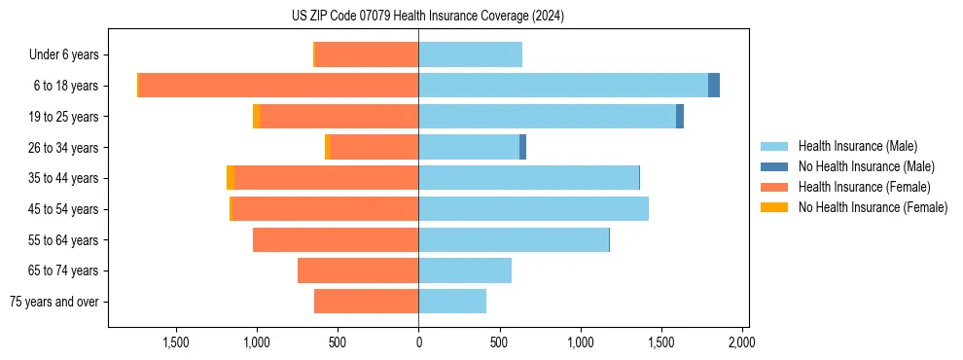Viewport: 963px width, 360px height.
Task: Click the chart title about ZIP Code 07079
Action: click(428, 16)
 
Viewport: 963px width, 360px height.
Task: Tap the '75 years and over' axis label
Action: click(53, 302)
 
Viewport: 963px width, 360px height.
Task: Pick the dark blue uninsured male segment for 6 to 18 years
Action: click(714, 86)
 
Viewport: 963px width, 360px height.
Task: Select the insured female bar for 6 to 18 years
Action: click(278, 86)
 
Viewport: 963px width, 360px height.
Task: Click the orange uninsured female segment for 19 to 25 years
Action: click(256, 117)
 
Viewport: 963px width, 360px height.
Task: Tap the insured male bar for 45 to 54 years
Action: click(533, 209)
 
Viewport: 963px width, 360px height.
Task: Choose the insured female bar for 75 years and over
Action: click(366, 302)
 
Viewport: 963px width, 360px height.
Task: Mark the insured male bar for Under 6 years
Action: click(470, 54)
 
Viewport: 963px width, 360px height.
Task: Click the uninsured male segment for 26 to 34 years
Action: click(522, 147)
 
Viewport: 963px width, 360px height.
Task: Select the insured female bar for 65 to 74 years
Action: click(358, 270)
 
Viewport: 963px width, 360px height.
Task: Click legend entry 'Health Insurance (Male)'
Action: click(856, 146)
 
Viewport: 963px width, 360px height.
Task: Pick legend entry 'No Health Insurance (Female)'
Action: click(873, 207)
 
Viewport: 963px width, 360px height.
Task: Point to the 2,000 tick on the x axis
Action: click(741, 342)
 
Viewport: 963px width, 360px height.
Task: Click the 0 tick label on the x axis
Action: click(418, 342)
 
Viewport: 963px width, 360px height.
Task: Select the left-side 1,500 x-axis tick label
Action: click(175, 342)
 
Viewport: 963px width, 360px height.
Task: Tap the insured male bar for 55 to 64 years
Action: click(513, 239)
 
